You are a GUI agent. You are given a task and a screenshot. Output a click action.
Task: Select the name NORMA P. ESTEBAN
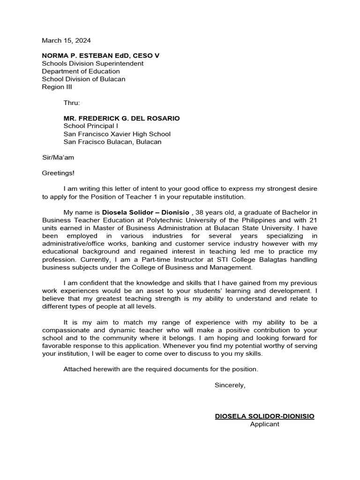[77, 56]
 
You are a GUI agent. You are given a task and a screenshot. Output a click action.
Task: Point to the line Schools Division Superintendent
[93, 63]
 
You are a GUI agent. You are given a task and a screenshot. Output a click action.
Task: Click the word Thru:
[72, 103]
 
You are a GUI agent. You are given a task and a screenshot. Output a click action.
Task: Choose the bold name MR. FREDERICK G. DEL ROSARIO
[121, 118]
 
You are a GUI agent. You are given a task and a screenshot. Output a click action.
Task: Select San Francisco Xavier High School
[117, 134]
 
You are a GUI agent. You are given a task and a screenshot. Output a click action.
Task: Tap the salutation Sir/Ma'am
[58, 157]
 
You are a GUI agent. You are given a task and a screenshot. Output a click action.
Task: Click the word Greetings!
[58, 173]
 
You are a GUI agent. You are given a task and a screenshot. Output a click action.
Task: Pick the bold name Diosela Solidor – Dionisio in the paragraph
[145, 212]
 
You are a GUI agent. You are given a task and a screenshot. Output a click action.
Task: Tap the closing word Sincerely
[230, 385]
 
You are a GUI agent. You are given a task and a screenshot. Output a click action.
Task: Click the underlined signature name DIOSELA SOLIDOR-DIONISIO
[264, 416]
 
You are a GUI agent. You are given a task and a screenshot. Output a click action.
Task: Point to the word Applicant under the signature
[264, 424]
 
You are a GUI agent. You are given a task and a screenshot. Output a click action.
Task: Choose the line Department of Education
[81, 71]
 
